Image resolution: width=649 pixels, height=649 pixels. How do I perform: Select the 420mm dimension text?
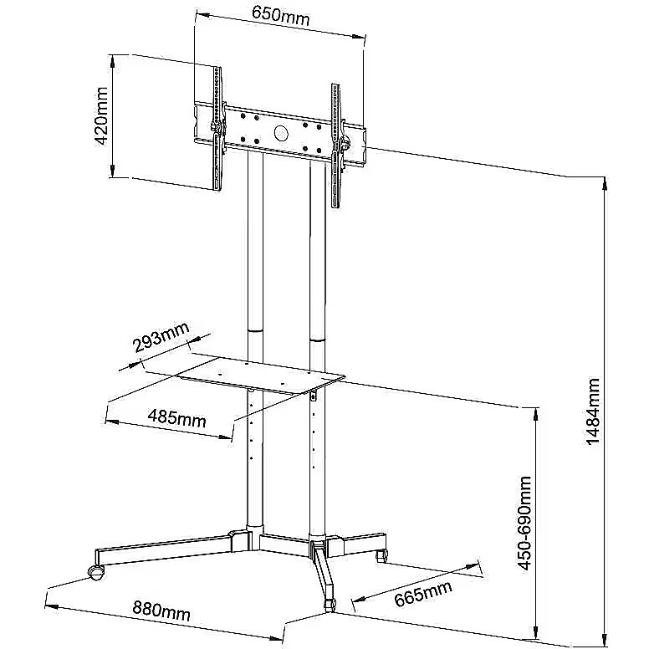[x=101, y=116]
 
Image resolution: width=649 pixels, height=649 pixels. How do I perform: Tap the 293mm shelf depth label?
[x=161, y=336]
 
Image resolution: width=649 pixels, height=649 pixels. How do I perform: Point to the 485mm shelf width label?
[x=176, y=418]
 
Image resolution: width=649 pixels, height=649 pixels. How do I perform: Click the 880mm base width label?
[x=161, y=610]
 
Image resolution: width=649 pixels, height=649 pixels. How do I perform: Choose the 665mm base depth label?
[x=422, y=593]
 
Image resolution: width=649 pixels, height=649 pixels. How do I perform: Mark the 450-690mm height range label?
[x=524, y=523]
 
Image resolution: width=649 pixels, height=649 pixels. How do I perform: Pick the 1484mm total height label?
[x=593, y=411]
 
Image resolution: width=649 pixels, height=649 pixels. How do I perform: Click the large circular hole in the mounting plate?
[x=281, y=132]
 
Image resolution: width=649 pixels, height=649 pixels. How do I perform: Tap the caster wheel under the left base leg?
[x=96, y=572]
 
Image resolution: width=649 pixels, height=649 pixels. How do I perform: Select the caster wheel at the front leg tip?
[x=330, y=606]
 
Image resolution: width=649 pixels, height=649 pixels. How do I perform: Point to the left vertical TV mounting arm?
[x=217, y=128]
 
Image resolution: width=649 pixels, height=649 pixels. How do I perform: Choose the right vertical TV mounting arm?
[x=336, y=146]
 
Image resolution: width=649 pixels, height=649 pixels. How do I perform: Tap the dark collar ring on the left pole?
[x=255, y=331]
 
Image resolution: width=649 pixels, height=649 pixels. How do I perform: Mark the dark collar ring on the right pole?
[x=318, y=340]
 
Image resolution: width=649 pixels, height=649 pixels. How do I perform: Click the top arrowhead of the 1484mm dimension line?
[x=605, y=183]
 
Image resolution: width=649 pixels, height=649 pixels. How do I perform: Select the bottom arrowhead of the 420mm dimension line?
[x=112, y=171]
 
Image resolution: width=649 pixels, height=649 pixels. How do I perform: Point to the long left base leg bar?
[x=164, y=550]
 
